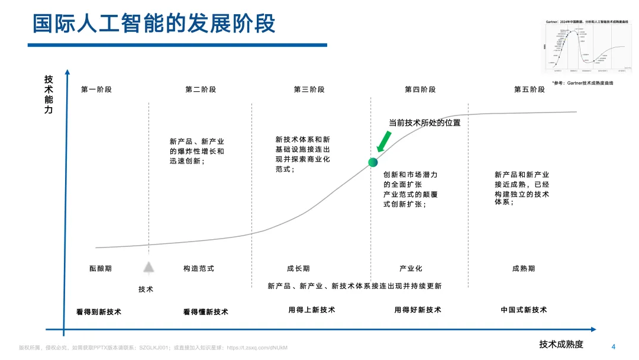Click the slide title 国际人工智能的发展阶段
click(x=153, y=24)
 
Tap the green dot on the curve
click(x=373, y=162)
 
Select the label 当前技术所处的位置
click(x=424, y=123)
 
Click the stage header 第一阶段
click(x=96, y=89)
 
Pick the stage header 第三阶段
click(x=309, y=89)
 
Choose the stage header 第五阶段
click(x=530, y=89)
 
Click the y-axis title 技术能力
click(x=49, y=94)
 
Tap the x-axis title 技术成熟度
click(x=561, y=344)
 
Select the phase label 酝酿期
click(x=101, y=268)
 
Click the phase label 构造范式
click(x=199, y=268)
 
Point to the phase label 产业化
click(x=411, y=268)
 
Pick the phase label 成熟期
click(x=524, y=268)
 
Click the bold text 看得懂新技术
click(x=205, y=311)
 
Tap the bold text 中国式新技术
click(x=524, y=310)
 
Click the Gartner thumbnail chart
click(x=585, y=49)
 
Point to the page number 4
click(x=613, y=346)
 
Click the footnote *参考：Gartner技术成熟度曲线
click(x=582, y=83)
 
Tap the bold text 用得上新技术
click(x=312, y=310)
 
